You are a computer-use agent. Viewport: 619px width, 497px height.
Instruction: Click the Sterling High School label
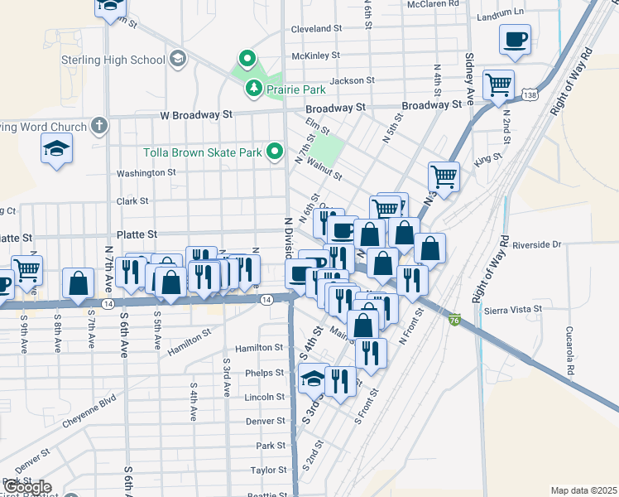tap(113, 60)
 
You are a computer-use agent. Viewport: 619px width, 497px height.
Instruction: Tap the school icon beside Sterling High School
tap(176, 59)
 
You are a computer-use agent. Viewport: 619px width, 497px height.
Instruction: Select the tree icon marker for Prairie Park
tap(252, 87)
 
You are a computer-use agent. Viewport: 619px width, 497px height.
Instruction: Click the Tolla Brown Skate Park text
tap(203, 152)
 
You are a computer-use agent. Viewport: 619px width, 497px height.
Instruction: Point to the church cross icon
tap(98, 127)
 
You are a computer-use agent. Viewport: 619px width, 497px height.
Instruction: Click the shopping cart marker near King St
tap(444, 176)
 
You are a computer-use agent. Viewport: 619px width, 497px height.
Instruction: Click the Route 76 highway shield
tap(454, 320)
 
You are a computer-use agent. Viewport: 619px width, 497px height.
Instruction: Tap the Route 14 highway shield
tap(108, 304)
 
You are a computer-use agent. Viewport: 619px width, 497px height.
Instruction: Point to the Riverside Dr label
tap(537, 245)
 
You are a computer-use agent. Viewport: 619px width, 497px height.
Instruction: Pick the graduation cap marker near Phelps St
tap(313, 379)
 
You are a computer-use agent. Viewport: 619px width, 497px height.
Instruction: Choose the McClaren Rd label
tap(432, 4)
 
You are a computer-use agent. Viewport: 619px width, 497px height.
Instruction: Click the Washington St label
tap(146, 173)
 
